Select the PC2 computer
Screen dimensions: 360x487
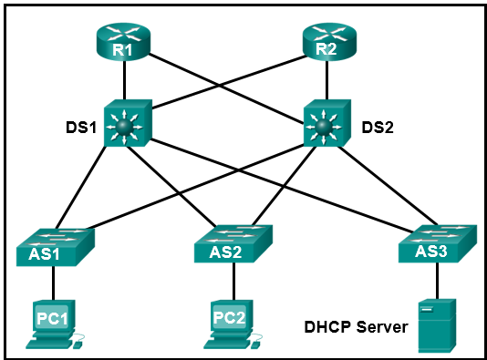(229, 319)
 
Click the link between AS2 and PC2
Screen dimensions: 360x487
(230, 281)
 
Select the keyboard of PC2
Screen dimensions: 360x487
(229, 344)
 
